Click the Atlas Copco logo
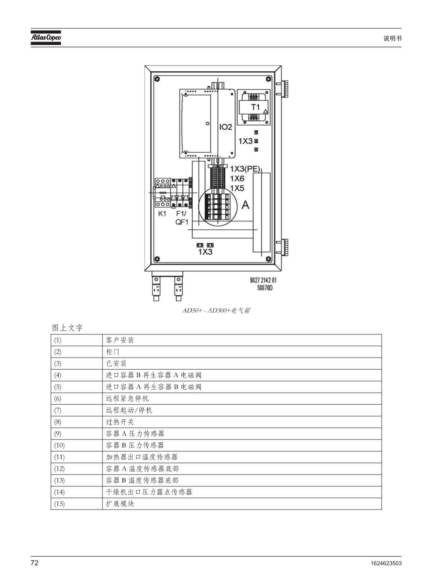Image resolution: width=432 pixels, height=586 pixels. point(46,38)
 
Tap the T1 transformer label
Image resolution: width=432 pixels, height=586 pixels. point(255,107)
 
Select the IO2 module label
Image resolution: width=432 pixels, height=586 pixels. point(226,127)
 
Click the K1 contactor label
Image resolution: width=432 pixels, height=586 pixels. point(162,214)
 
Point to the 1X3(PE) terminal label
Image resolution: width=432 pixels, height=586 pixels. point(245,169)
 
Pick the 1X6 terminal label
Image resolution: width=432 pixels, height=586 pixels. point(237,179)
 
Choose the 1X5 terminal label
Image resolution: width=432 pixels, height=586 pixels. point(237,188)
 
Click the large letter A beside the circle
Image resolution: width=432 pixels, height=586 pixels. point(245,205)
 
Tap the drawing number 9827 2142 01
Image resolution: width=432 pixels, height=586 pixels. point(263,280)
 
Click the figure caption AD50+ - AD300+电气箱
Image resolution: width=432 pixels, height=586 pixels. point(216,311)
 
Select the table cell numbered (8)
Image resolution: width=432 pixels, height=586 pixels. point(77,422)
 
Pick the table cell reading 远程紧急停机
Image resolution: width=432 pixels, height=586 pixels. point(242,399)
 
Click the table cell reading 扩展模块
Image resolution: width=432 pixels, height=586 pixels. point(242,504)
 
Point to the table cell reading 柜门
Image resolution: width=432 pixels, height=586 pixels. point(242,352)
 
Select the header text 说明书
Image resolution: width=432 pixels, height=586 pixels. point(392,38)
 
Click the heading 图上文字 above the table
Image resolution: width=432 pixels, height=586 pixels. point(67,328)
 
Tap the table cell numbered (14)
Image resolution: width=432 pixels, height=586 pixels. point(77,492)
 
